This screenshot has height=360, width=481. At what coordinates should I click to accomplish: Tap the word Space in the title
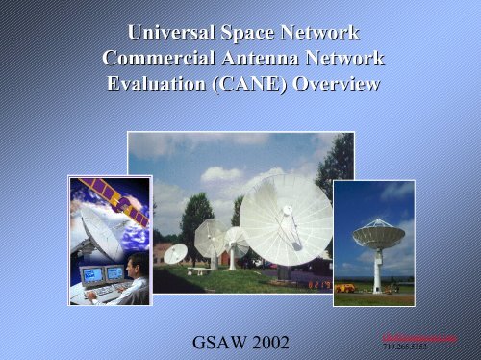(255, 35)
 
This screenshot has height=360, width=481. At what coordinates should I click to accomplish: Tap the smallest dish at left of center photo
(176, 253)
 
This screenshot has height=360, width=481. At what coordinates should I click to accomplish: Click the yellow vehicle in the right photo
(344, 287)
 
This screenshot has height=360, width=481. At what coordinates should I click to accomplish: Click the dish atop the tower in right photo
(378, 234)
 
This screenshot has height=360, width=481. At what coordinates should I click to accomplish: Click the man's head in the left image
(135, 263)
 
